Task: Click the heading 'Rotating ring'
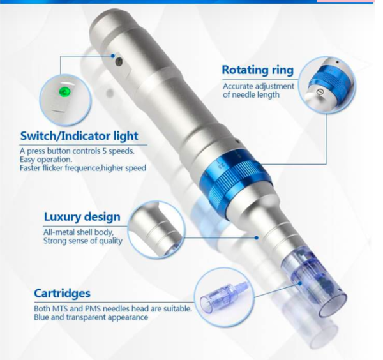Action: pyautogui.click(x=257, y=70)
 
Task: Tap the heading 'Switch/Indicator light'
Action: pyautogui.click(x=79, y=136)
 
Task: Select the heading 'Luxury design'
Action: pyautogui.click(x=82, y=217)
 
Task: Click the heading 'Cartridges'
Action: pyautogui.click(x=63, y=293)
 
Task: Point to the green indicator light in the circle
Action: pyautogui.click(x=64, y=92)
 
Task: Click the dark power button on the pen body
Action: pyautogui.click(x=119, y=61)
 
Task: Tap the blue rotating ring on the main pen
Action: pyautogui.click(x=235, y=180)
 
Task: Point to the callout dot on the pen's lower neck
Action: pyautogui.click(x=256, y=237)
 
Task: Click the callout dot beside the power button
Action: pyautogui.click(x=112, y=56)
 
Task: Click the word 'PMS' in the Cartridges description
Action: pyautogui.click(x=93, y=309)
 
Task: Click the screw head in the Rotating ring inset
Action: pyautogui.click(x=320, y=91)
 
